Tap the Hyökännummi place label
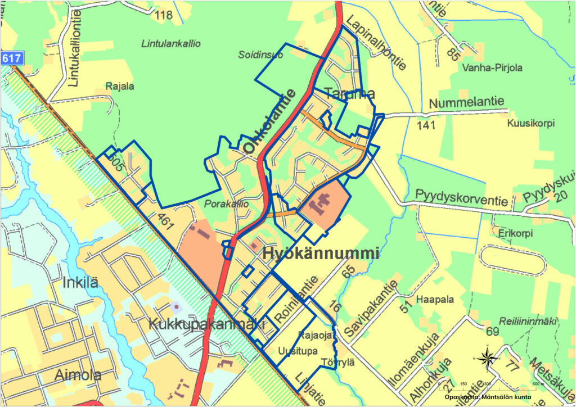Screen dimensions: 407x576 (x=321, y=254)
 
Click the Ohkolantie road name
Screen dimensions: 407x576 (x=269, y=121)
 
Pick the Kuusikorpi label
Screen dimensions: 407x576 (x=530, y=123)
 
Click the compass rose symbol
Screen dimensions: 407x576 (x=487, y=358)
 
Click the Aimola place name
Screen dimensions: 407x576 (x=78, y=375)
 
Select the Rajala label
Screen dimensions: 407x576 (x=120, y=87)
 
